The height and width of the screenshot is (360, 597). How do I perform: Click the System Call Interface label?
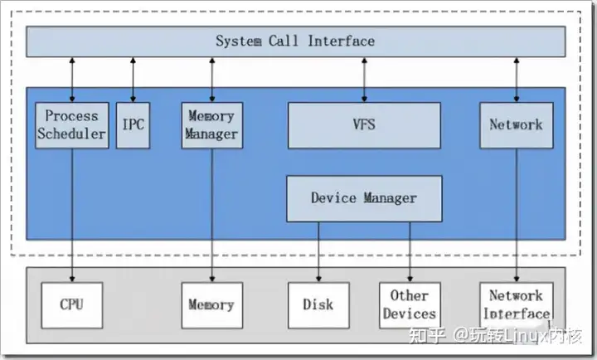tap(295, 41)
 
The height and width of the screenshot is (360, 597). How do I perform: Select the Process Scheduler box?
tap(72, 125)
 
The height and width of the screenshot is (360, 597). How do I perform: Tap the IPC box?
tap(133, 125)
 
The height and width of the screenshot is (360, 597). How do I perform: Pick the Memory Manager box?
tap(212, 125)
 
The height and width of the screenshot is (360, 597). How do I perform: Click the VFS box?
tap(364, 125)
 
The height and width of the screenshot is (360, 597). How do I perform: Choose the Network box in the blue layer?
tap(517, 125)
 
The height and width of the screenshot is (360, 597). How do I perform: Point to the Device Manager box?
tap(364, 198)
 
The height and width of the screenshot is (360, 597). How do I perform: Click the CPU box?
tap(72, 305)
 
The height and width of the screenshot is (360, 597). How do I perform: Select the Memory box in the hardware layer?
tap(212, 305)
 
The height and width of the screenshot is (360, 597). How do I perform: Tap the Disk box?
tap(318, 305)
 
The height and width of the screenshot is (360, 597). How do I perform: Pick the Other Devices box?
tap(410, 305)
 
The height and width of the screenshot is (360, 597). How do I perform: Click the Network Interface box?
tap(517, 305)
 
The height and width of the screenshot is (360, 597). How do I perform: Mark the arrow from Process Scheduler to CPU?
tap(72, 215)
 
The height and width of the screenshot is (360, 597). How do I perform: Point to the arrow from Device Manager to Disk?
tap(318, 252)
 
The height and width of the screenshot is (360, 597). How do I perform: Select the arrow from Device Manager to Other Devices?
tap(410, 252)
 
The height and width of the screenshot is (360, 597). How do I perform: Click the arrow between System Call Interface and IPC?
tap(133, 80)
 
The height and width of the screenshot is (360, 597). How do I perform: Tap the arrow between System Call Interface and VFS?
tap(364, 80)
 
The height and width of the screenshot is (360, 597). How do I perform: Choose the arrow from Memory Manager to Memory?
tap(212, 215)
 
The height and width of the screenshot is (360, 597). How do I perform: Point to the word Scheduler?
tap(71, 134)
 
